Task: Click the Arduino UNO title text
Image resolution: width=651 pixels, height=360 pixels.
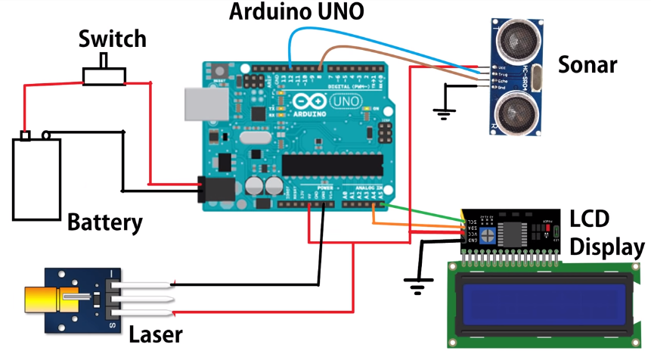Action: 296,11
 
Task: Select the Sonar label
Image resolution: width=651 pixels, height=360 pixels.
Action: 587,64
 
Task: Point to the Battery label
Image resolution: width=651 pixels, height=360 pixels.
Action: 105,222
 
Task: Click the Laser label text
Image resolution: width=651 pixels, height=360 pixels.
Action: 156,334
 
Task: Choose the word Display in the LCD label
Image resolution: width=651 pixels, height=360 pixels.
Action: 607,247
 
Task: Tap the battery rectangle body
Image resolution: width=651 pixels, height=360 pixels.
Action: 36,180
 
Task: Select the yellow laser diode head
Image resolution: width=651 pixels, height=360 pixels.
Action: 45,300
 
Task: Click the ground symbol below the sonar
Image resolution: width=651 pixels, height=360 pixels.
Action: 443,115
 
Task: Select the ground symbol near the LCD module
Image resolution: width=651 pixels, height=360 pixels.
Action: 414,286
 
